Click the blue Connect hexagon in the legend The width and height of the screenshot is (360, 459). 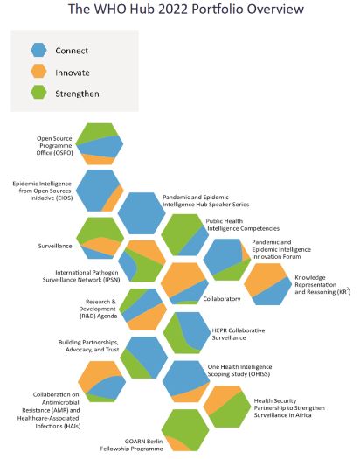click(x=38, y=50)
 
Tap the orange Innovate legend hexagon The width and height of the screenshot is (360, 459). click(x=38, y=72)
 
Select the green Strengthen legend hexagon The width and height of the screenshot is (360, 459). click(x=38, y=93)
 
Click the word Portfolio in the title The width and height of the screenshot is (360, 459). click(x=216, y=10)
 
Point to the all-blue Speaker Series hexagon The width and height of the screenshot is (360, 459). click(x=142, y=213)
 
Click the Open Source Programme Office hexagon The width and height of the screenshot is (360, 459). click(x=100, y=143)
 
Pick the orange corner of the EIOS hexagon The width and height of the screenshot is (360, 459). click(x=114, y=198)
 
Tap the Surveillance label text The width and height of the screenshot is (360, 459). click(x=55, y=246)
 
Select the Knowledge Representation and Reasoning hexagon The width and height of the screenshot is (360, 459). click(x=268, y=284)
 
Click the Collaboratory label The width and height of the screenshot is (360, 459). click(x=222, y=299)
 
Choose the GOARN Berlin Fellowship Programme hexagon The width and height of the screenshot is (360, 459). click(x=185, y=430)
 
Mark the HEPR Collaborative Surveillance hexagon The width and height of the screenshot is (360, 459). click(x=187, y=333)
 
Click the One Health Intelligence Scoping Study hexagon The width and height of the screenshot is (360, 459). click(x=186, y=381)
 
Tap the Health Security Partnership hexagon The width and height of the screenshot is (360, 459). click(x=227, y=407)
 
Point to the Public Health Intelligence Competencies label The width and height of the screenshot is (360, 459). click(x=243, y=225)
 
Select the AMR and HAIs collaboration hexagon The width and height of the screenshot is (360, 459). click(x=102, y=381)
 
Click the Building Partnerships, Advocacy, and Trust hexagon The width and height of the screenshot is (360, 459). click(x=144, y=358)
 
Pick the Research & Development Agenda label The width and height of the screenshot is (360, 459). click(x=98, y=309)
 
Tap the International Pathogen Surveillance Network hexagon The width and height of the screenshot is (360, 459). click(x=142, y=261)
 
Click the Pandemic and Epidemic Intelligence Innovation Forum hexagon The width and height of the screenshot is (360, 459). click(x=227, y=260)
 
